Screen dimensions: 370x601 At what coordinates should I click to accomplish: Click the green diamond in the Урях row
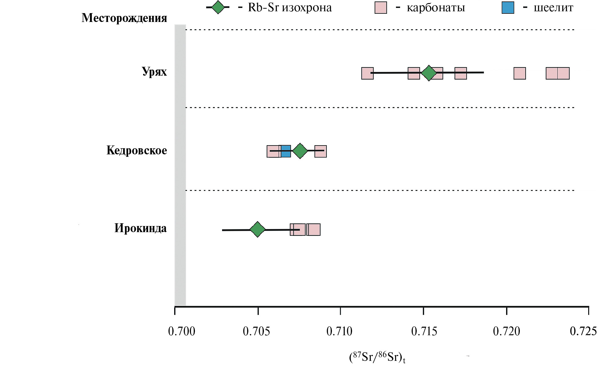point(429,73)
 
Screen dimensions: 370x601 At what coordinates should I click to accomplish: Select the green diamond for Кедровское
point(300,151)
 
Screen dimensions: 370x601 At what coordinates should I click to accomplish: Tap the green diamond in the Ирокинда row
point(257,229)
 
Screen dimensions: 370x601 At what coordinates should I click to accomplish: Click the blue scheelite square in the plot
point(286,151)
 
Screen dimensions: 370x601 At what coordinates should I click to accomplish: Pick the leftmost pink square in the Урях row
point(367,73)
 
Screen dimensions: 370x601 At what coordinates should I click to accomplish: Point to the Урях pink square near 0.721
point(520,73)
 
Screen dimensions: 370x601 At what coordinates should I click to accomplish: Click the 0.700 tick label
point(182,331)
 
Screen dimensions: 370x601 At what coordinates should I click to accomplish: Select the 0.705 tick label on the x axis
point(256,331)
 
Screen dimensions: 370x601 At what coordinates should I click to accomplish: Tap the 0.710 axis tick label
point(339,331)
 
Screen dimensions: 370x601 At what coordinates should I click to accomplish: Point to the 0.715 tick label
point(424,331)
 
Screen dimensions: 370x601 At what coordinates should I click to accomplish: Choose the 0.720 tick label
point(506,331)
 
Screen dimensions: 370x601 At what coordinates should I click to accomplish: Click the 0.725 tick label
point(583,331)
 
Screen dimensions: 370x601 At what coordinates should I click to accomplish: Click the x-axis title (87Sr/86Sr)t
point(377,357)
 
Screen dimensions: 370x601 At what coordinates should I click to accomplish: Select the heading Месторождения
point(124,18)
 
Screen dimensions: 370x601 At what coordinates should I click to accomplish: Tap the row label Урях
point(154,72)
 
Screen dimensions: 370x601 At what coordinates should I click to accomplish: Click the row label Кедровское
point(137,150)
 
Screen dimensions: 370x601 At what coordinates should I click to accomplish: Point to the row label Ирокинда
point(141,228)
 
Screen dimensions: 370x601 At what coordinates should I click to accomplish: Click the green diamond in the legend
point(218,7)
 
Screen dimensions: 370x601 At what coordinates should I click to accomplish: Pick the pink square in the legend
point(380,8)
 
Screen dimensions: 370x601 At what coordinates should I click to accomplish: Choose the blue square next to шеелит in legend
point(508,8)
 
